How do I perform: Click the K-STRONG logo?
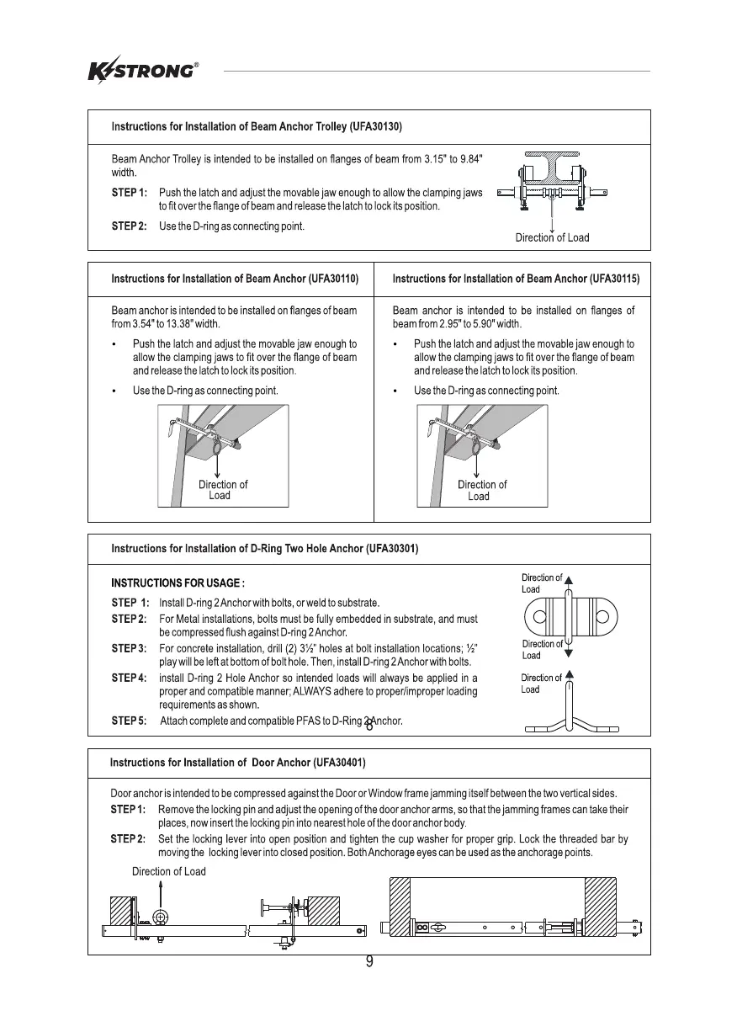(x=143, y=71)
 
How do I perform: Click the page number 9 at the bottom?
(x=369, y=963)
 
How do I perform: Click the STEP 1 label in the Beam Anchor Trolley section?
(x=130, y=193)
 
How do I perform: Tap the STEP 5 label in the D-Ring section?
(x=130, y=721)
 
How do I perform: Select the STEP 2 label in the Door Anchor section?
(x=128, y=839)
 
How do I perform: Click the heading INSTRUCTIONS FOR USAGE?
(x=178, y=582)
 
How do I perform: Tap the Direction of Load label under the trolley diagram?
(x=552, y=238)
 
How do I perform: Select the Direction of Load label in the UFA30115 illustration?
(x=481, y=490)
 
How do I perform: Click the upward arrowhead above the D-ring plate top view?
(x=570, y=580)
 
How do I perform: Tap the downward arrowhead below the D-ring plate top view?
(x=570, y=652)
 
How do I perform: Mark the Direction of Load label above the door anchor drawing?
(x=168, y=871)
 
